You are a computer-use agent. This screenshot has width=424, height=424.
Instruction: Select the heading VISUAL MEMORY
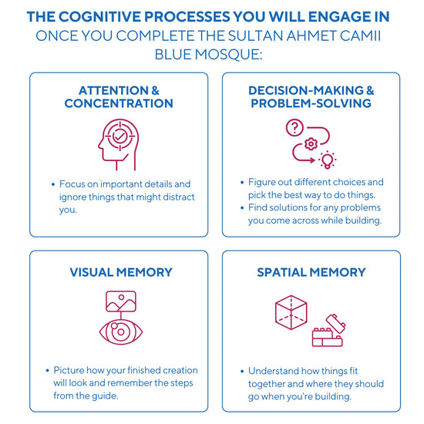tap(121, 272)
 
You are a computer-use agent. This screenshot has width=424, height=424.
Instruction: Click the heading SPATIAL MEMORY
tap(311, 272)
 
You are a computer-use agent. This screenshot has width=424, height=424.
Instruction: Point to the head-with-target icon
tap(119, 145)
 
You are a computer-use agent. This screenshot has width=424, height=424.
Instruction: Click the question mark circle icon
tap(294, 127)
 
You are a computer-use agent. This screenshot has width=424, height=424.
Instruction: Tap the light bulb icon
tap(327, 160)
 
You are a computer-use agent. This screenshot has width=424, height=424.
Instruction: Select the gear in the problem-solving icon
tap(311, 144)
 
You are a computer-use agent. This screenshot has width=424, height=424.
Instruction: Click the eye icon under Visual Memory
tap(121, 331)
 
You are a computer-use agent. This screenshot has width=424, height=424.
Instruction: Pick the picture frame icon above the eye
tap(121, 301)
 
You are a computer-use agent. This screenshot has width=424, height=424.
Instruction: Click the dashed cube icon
tap(291, 312)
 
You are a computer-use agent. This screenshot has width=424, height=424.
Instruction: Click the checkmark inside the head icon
tap(119, 136)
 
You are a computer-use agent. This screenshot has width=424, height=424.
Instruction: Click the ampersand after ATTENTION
tap(155, 90)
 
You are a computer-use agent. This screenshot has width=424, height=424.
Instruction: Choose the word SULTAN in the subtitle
tap(255, 35)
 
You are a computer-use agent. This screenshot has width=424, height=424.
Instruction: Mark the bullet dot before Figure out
tap(242, 183)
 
